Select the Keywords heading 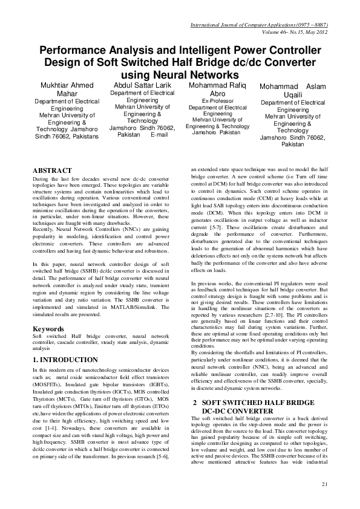[x=48, y=329]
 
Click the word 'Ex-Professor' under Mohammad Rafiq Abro [x=217, y=101]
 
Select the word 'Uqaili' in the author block [x=293, y=96]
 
